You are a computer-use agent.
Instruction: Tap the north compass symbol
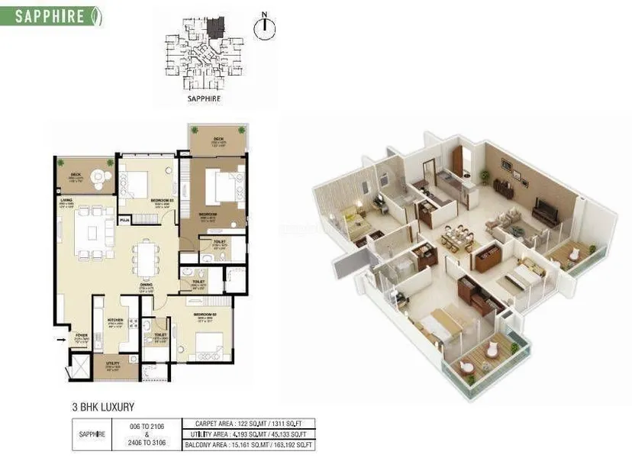(264, 25)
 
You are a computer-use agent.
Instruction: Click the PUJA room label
(124, 221)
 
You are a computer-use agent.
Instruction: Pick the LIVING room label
(66, 202)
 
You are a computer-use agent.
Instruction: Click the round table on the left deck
(100, 177)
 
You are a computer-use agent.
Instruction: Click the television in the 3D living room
(546, 208)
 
